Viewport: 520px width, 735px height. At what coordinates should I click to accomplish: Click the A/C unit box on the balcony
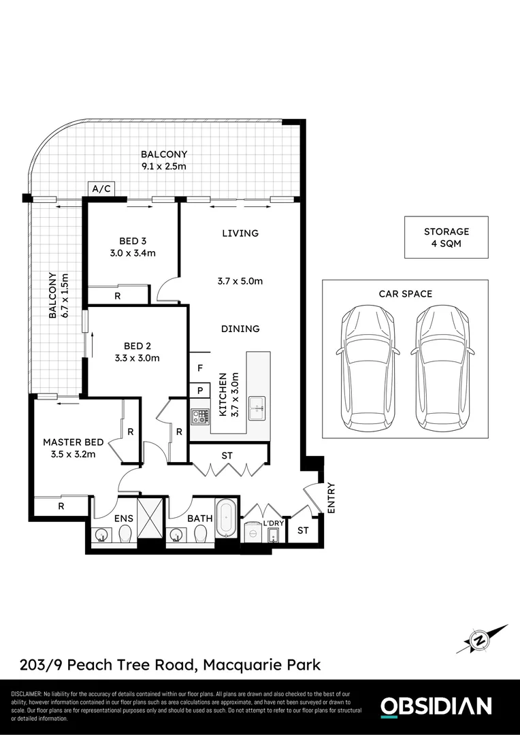pos(101,189)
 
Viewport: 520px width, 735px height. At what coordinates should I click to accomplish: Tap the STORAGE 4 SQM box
pos(446,238)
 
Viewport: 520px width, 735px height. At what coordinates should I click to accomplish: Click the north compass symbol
pos(481,640)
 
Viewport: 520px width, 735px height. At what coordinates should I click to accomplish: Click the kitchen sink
pos(257,406)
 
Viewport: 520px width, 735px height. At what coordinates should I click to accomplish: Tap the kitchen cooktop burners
pos(199,416)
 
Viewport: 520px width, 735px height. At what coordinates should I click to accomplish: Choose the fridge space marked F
pos(199,368)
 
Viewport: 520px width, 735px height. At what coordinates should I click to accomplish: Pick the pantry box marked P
pos(199,391)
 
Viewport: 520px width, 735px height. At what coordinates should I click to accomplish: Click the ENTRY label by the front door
pos(331,498)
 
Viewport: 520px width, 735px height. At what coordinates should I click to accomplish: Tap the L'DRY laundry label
pos(274,524)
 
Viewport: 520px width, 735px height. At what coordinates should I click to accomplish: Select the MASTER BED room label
pos(67,442)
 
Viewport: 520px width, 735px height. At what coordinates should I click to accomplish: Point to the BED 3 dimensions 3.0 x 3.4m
pos(133,254)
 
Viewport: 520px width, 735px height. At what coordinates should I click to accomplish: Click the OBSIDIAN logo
pos(435,706)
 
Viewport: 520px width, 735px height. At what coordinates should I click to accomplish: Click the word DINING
pos(240,329)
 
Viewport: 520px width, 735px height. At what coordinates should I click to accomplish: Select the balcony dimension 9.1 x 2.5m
pos(163,166)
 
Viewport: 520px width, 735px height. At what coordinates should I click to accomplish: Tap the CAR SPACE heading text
pos(406,294)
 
